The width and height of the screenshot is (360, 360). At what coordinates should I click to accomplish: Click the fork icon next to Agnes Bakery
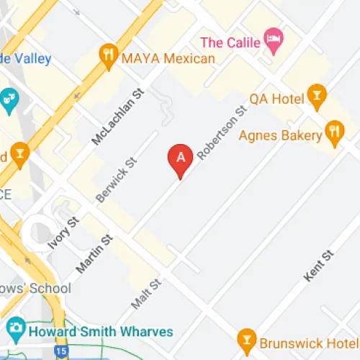pos(333,131)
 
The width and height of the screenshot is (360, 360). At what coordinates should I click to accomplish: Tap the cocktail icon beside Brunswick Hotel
pos(246,338)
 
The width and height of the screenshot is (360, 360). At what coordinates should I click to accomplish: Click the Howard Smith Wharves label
pos(101,331)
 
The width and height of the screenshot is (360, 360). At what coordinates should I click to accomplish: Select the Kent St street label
pos(320,267)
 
